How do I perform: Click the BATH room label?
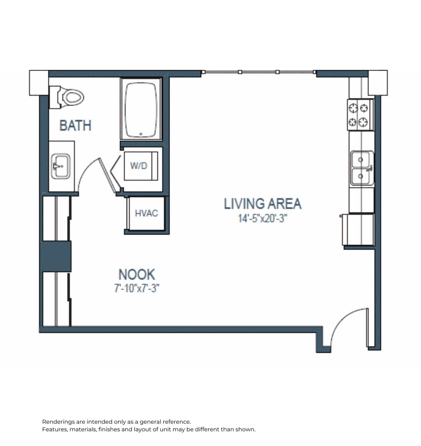[75, 125]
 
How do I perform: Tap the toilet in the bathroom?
[67, 97]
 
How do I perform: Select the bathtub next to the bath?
[141, 109]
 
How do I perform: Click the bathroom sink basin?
[61, 166]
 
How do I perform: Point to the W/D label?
[139, 166]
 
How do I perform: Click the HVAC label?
[146, 213]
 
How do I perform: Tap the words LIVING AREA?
[263, 204]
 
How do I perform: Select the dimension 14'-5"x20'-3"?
[263, 218]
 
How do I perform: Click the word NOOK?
[137, 274]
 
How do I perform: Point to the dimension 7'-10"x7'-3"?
[137, 288]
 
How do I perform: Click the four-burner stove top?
[360, 115]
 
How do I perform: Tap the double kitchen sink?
[362, 169]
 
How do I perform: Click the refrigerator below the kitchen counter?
[358, 230]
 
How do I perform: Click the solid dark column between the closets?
[56, 256]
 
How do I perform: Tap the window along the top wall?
[259, 72]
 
